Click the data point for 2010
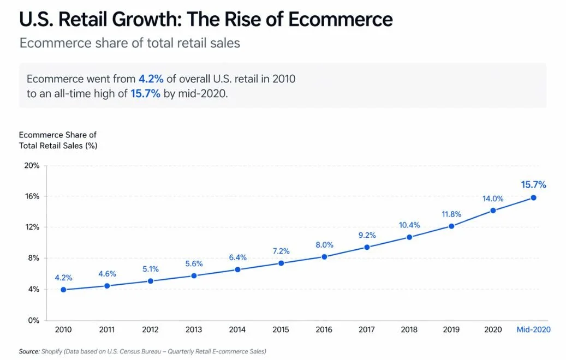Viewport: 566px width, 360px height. (63, 290)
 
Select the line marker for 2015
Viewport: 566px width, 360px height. (281, 263)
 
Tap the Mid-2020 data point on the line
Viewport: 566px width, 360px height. (533, 197)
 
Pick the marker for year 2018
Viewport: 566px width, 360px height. (409, 237)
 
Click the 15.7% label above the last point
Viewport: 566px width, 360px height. (533, 184)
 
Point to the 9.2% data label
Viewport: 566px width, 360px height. (367, 236)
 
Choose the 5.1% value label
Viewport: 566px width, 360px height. (151, 269)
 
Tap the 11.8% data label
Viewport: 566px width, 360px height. (451, 214)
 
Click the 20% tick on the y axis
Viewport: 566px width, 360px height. (32, 165)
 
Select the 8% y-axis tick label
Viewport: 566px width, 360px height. (34, 258)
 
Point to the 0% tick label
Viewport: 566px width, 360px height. (34, 320)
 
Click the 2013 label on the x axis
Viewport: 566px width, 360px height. (194, 330)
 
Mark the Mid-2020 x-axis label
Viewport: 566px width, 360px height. (533, 330)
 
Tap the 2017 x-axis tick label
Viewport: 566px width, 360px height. (367, 330)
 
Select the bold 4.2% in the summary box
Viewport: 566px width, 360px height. (151, 79)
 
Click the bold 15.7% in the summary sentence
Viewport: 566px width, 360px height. (145, 93)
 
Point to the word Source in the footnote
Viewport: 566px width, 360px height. (29, 351)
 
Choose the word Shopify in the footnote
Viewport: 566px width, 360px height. (53, 351)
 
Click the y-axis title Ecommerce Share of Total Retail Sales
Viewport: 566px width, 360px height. (57, 140)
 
